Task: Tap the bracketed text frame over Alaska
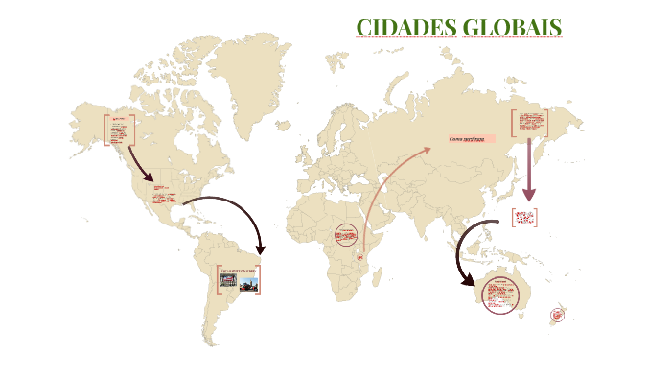120,130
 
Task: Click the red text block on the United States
165,198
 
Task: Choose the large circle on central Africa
346,234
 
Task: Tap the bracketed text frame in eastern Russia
529,123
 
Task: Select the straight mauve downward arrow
529,173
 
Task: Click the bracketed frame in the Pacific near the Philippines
524,217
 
